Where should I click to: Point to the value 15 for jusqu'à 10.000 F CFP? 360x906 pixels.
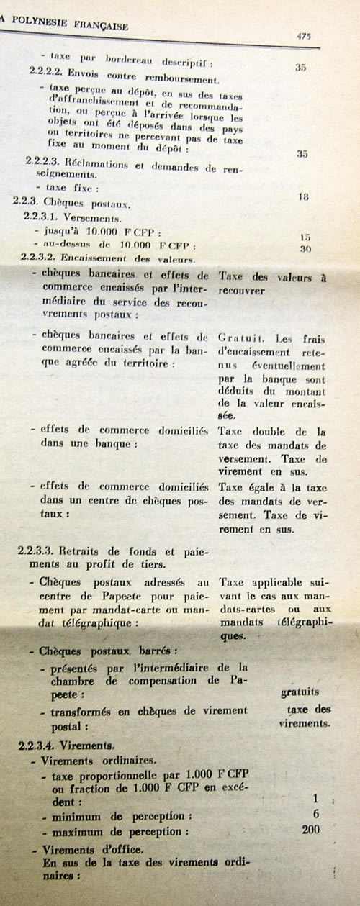[x=306, y=237]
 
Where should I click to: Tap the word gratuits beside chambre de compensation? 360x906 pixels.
[x=300, y=692]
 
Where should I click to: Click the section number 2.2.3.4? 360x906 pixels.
[x=37, y=746]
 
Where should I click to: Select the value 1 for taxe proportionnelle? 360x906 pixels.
[x=315, y=799]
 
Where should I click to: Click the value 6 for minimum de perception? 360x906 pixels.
[x=315, y=814]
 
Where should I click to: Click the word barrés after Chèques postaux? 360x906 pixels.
[x=150, y=651]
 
